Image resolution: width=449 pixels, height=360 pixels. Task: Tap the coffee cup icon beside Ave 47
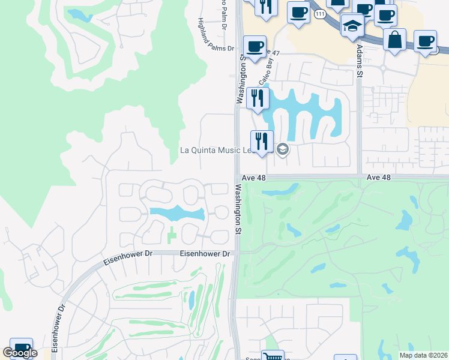(255, 47)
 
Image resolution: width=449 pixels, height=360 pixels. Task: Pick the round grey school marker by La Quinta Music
(283, 149)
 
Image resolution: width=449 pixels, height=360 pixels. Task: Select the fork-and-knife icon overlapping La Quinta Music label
(262, 142)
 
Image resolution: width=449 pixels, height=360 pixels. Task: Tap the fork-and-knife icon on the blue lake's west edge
(258, 98)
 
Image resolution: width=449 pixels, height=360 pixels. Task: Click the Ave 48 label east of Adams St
(378, 178)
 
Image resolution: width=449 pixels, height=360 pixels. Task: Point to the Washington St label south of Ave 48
(238, 208)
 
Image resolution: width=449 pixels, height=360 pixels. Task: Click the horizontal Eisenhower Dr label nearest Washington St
(206, 254)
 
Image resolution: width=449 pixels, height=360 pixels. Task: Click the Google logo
(20, 353)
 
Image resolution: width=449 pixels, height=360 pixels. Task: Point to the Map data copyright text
(424, 355)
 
